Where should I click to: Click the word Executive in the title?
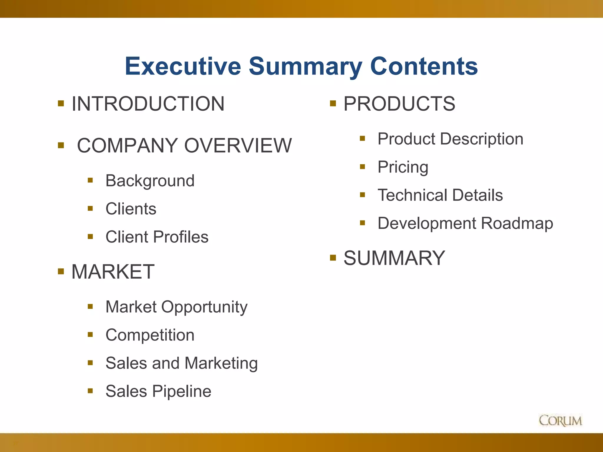click(x=183, y=66)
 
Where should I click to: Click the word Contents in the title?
click(x=424, y=66)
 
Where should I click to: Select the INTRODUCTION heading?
click(x=148, y=104)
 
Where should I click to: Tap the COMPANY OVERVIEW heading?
click(x=184, y=146)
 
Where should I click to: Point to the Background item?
click(x=150, y=181)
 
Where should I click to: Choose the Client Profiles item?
click(x=157, y=237)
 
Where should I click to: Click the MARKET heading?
click(x=113, y=272)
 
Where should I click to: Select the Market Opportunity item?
click(x=176, y=307)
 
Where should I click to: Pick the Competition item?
click(x=150, y=335)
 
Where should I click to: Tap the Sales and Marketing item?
click(x=181, y=363)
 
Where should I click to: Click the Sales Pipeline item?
click(x=158, y=391)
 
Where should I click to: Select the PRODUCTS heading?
click(x=399, y=104)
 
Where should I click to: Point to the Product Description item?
click(x=450, y=139)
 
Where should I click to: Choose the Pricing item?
click(x=403, y=167)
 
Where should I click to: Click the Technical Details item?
click(x=440, y=195)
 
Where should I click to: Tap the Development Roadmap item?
click(x=465, y=223)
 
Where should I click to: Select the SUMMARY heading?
click(x=394, y=258)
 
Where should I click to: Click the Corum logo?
click(x=560, y=421)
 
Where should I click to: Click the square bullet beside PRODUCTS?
click(x=333, y=103)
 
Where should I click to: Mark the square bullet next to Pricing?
click(x=362, y=167)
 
